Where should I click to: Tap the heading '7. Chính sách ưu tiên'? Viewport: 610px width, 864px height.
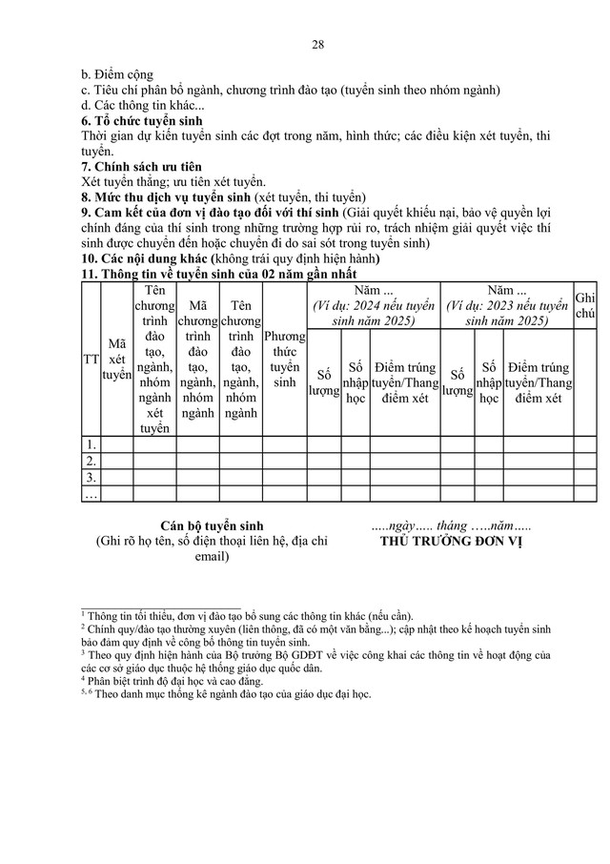click(142, 167)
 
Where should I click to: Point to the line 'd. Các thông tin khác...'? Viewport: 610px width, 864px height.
click(143, 106)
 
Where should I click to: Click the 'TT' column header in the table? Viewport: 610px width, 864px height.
click(91, 360)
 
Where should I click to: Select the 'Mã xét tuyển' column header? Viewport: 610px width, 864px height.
click(116, 360)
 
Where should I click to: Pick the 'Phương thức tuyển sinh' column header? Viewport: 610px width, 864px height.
click(285, 360)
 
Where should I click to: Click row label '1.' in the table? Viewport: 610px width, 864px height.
click(91, 444)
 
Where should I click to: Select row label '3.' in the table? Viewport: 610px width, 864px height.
click(91, 477)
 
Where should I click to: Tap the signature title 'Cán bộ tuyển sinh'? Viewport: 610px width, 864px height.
click(213, 525)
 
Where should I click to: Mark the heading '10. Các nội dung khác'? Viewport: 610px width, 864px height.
click(157, 258)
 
